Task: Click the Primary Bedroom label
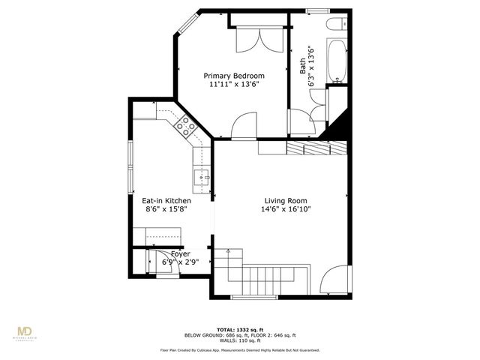235,76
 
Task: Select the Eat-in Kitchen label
166,201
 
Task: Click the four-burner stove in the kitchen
184,127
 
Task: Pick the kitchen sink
201,178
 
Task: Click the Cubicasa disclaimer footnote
240,350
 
